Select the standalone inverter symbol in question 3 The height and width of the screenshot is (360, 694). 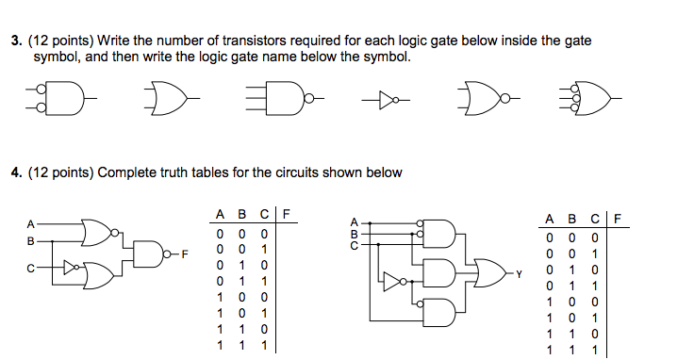[x=383, y=96]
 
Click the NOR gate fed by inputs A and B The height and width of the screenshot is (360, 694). [x=98, y=233]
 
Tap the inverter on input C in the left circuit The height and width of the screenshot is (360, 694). [x=72, y=267]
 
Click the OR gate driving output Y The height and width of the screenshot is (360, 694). [x=489, y=273]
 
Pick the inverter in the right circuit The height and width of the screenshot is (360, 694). [x=392, y=279]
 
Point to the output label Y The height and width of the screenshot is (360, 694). [x=517, y=274]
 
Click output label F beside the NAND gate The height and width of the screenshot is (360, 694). [x=186, y=254]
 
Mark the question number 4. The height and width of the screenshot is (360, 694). [x=15, y=172]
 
